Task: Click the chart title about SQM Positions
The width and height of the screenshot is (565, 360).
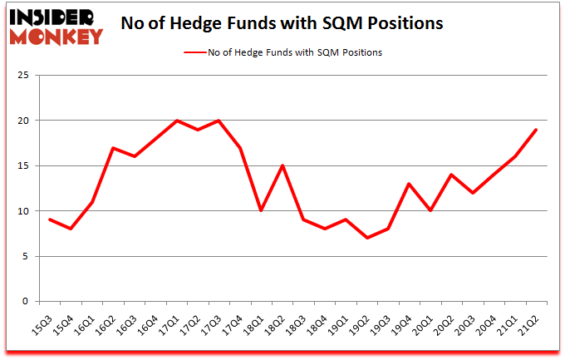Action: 282,23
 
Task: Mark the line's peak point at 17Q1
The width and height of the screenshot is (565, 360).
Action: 177,121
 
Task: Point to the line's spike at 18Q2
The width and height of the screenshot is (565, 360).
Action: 283,165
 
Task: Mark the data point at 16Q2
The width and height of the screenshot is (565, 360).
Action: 112,148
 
